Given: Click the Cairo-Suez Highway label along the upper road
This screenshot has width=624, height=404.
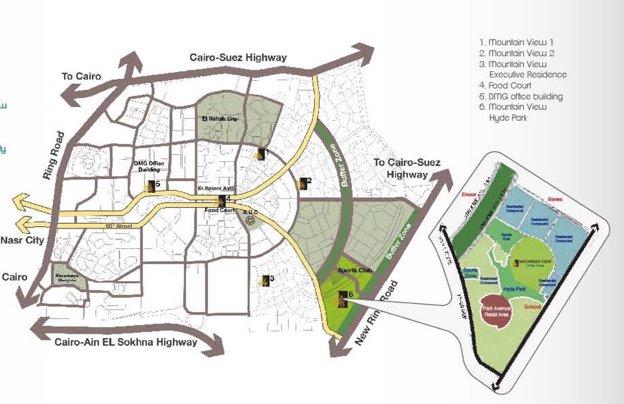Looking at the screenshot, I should pos(238,58).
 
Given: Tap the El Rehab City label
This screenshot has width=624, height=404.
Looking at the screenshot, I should pos(220,119).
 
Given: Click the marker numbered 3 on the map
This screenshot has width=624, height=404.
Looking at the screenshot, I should pos(265,281).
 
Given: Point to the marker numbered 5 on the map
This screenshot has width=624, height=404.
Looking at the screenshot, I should pos(151,186).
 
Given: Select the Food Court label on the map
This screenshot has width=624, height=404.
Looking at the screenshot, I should pos(220,210).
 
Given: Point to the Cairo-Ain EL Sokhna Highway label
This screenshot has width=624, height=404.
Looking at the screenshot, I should pos(126,342).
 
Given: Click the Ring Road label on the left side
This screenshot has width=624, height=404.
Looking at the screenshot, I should pos(54,155).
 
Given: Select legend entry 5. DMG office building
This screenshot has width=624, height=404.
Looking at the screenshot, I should pos(520,96).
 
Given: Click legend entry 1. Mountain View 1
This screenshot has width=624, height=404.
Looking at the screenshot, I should pos(516,42).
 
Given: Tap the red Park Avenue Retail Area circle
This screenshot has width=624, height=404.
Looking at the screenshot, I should pos(498,311).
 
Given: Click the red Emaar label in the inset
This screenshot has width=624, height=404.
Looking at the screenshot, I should pos(467,195).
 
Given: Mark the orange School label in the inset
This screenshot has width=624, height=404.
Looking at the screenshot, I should pos(533,307).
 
